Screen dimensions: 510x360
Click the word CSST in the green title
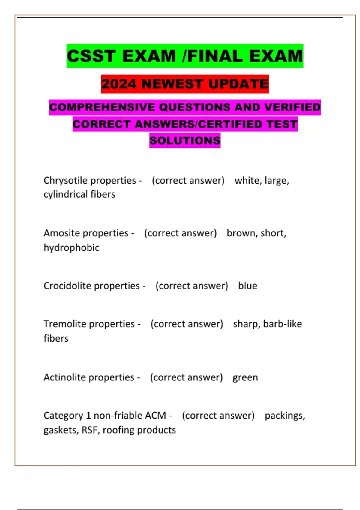pyautogui.click(x=91, y=56)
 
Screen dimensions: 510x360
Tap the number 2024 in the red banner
pyautogui.click(x=119, y=84)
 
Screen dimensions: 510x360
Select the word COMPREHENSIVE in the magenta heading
pyautogui.click(x=102, y=107)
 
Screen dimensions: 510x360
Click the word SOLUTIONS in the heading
pyautogui.click(x=185, y=140)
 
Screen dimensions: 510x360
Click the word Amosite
pyautogui.click(x=61, y=233)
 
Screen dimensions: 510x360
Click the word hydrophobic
pyautogui.click(x=71, y=247)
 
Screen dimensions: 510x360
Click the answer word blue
pyautogui.click(x=247, y=286)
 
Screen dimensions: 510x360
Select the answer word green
pyautogui.click(x=245, y=377)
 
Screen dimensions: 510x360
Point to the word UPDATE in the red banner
pyautogui.click(x=238, y=84)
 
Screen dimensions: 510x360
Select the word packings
pyautogui.click(x=284, y=416)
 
